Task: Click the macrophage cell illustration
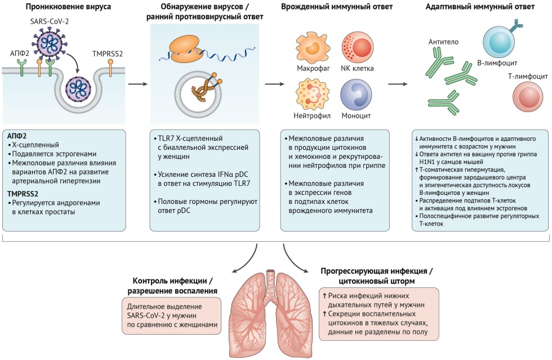coord(311,48)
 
